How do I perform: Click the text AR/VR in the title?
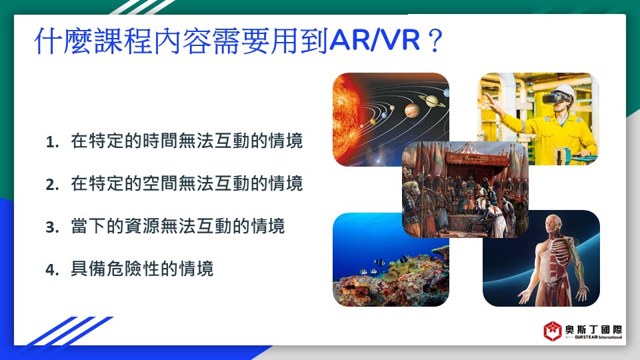375,40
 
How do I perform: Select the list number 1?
52,142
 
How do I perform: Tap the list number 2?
52,185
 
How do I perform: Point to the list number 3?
52,227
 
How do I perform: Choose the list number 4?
52,269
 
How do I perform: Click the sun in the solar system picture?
347,119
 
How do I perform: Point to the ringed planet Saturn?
432,101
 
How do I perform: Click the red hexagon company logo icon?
552,331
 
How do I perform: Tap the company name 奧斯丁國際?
593,329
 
